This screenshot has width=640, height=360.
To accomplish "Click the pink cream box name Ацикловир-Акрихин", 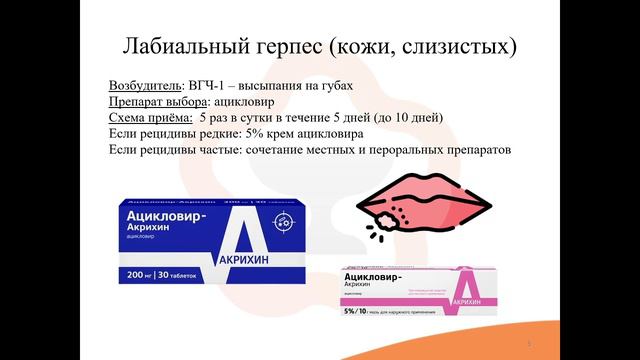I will [374, 279].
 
